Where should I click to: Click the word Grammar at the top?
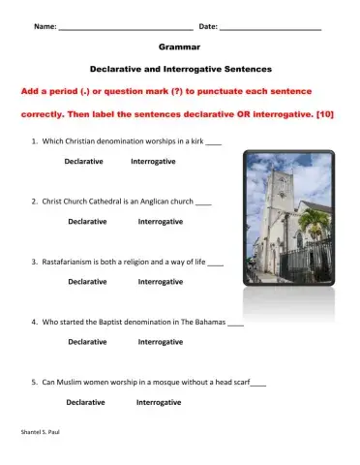180,46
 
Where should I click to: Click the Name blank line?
125,27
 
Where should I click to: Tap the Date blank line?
270,27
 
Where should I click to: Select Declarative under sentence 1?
84,161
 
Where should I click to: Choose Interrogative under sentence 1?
153,161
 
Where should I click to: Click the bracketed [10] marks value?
326,113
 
